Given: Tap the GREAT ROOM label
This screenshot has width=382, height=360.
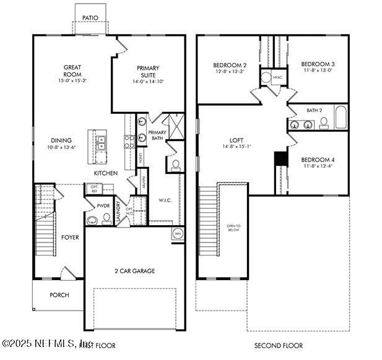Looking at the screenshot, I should click(73, 72).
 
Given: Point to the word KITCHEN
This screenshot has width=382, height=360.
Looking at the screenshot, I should click(106, 173).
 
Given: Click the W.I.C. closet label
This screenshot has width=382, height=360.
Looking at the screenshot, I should click(165, 200).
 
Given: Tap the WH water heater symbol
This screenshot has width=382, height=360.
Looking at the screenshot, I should click(177, 234).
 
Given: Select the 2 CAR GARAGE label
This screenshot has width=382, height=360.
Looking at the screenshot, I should click(134, 271).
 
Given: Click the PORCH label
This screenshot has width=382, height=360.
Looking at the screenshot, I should click(59, 295).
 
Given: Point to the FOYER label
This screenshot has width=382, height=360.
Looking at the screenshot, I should click(69, 237).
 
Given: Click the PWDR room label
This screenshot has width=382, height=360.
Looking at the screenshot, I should click(103, 205).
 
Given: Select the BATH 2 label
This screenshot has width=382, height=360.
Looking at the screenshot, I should click(315, 111).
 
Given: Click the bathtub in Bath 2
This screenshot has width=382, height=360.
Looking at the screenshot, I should click(341, 118).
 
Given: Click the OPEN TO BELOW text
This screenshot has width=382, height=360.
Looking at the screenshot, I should click(233, 227).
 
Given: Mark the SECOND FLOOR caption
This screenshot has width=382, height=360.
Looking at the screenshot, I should click(278, 345).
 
